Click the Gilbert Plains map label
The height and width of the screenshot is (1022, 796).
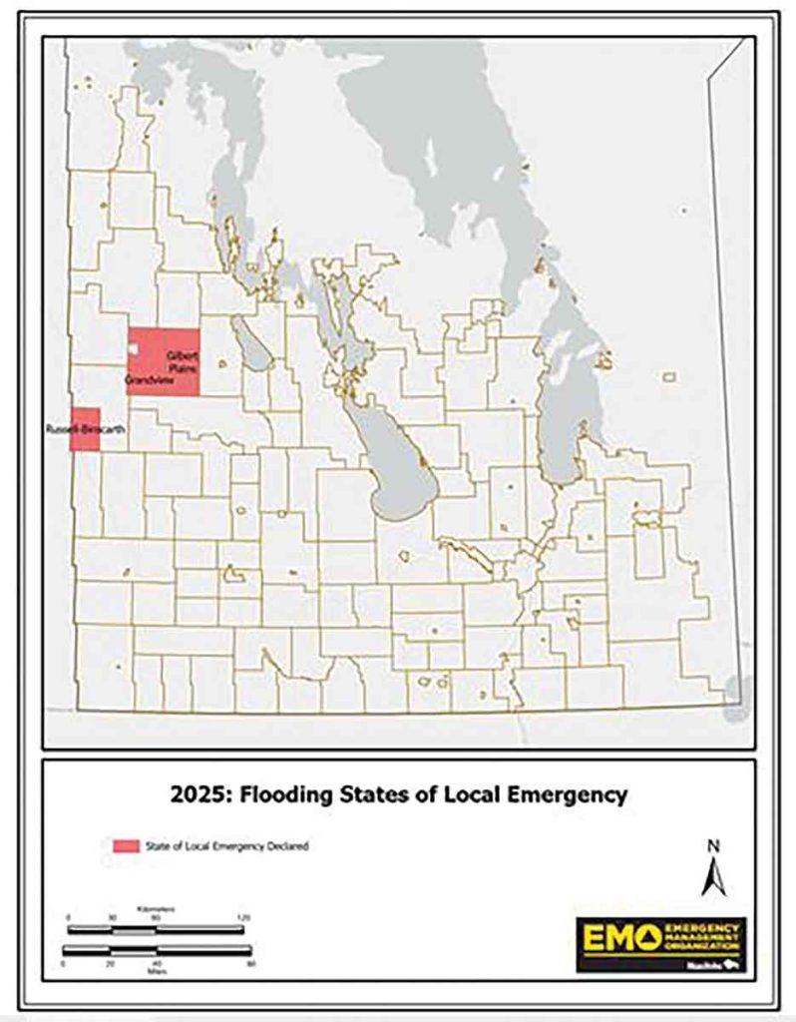tap(179, 362)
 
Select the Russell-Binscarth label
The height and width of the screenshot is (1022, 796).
tap(72, 428)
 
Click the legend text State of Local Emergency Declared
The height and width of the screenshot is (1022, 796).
tap(229, 846)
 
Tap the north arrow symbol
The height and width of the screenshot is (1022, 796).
tap(712, 877)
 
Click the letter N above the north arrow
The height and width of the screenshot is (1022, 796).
tap(712, 846)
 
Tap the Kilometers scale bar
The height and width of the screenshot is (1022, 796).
tap(156, 928)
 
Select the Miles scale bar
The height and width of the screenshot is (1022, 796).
tap(156, 950)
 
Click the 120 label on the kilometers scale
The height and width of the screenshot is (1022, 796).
tap(243, 916)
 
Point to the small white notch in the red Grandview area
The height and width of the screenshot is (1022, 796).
tap(131, 351)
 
